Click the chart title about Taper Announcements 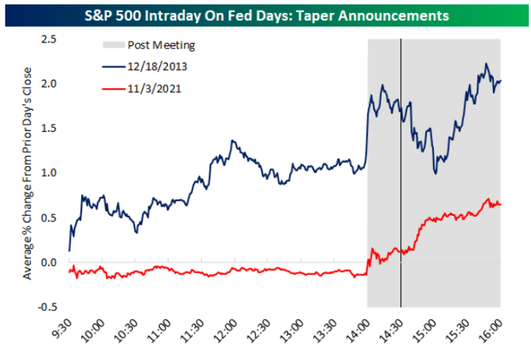pos(266,16)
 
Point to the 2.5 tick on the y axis pos(49,39)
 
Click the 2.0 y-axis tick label pos(49,84)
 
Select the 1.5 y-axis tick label pos(49,129)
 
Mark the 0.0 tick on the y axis pos(49,262)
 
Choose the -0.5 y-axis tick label pos(47,307)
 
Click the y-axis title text pos(27,174)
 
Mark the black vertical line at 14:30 pos(401,173)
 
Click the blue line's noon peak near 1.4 pos(232,140)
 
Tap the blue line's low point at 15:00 pos(435,174)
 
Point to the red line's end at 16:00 pos(500,205)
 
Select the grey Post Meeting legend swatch pos(114,45)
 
